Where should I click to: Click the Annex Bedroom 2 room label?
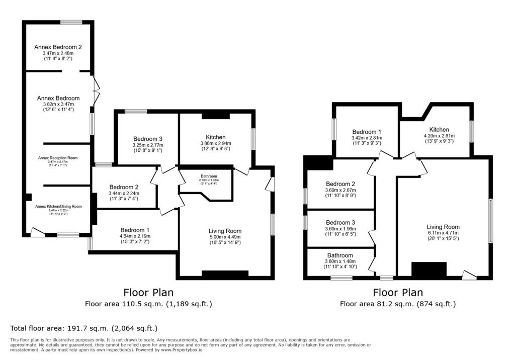[x=58, y=47]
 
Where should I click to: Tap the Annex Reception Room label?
[x=58, y=158]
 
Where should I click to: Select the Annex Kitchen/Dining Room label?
[x=58, y=206]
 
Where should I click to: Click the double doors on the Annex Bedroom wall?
[x=96, y=91]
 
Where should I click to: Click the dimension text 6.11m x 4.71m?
[x=444, y=233]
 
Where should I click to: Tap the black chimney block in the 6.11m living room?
[x=429, y=269]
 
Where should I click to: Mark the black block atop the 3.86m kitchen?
[x=215, y=116]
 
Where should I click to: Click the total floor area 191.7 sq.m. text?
[x=84, y=328]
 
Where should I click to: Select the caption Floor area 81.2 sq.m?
[x=397, y=304]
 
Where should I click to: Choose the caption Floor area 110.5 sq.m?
[x=148, y=304]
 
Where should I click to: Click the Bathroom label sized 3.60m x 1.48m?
[x=340, y=255]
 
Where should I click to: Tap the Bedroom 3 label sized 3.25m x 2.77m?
[x=148, y=139]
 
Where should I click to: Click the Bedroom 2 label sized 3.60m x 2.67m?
[x=340, y=184]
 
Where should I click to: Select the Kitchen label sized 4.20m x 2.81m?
[x=436, y=130]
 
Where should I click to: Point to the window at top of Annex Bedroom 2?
[x=71, y=22]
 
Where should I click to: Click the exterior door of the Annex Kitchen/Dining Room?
[x=37, y=232]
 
